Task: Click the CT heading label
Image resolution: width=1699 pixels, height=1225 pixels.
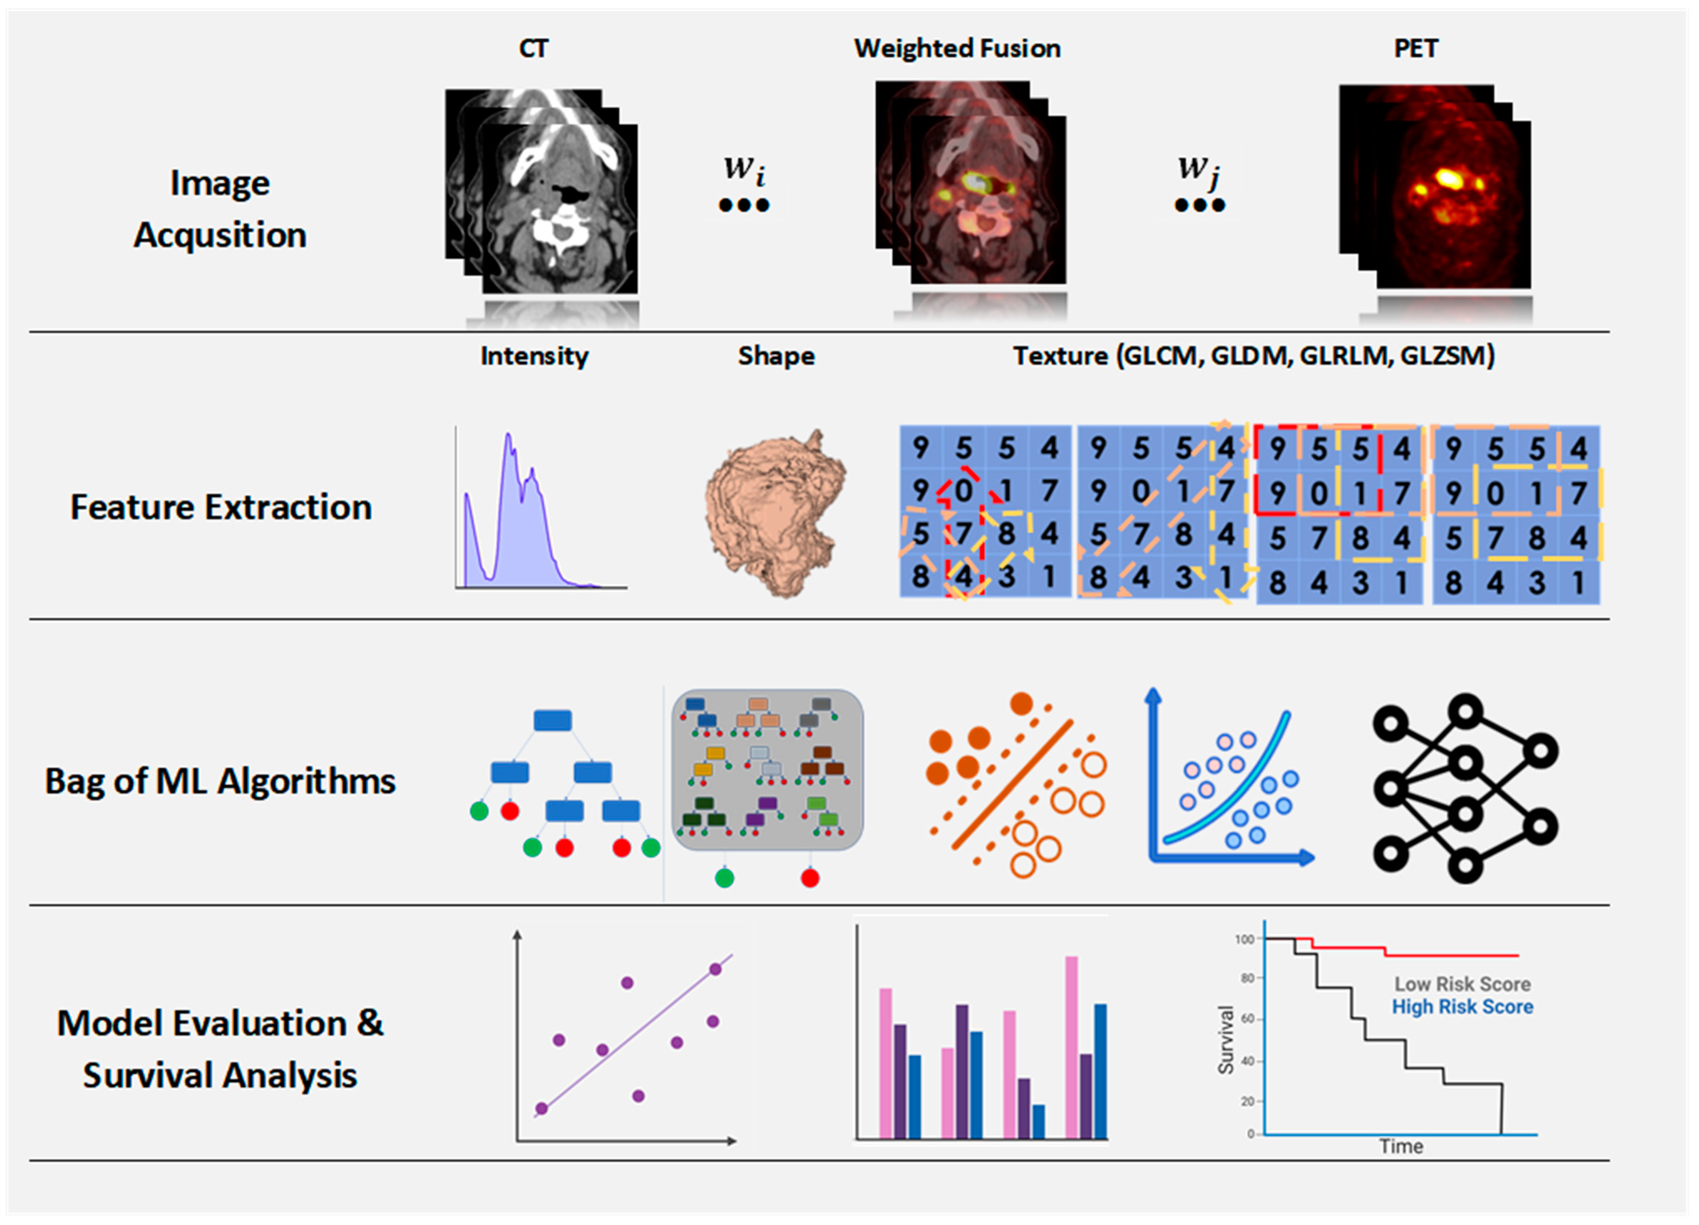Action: (534, 49)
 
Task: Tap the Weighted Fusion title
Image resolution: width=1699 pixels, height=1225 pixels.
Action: (957, 49)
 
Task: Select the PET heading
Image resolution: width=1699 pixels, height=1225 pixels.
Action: (1415, 49)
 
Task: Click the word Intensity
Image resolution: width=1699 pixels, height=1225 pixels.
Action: (534, 356)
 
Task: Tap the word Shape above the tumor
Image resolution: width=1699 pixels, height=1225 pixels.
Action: (776, 356)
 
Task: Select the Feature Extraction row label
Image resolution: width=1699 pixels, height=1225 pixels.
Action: (221, 507)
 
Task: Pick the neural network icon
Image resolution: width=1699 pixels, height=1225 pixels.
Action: (1464, 788)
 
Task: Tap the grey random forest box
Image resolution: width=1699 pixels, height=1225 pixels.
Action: (767, 770)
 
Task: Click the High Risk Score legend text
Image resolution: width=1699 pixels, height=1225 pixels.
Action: (1462, 1007)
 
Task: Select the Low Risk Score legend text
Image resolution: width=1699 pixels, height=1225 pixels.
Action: (1462, 984)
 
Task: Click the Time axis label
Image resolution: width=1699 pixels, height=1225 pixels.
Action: (1401, 1146)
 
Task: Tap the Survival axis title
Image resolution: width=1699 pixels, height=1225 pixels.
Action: (1225, 1040)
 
